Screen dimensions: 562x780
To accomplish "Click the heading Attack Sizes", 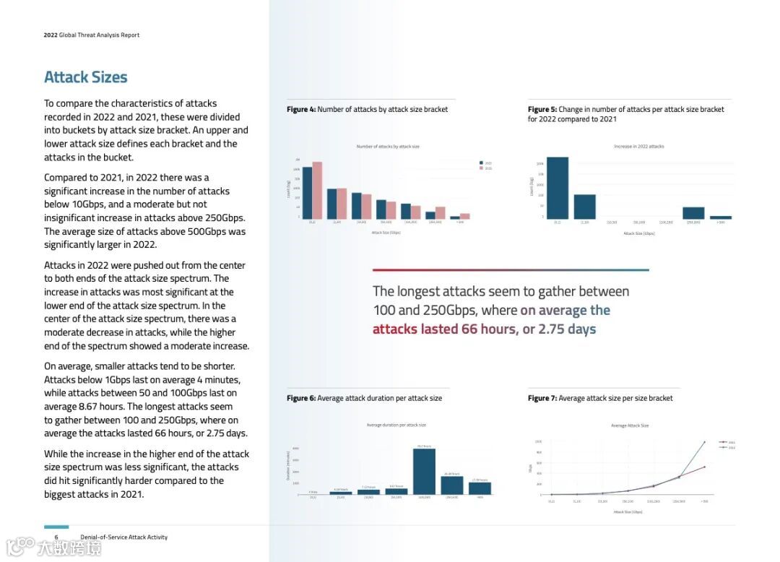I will point(85,77).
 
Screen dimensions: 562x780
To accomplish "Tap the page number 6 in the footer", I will point(56,537).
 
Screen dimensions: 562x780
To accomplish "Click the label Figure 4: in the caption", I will point(301,110).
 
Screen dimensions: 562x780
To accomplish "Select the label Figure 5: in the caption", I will point(542,110).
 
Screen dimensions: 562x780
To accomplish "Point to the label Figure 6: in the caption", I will point(301,398).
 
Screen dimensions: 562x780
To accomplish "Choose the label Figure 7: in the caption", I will point(542,398).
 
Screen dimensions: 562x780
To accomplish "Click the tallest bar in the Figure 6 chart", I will point(424,471).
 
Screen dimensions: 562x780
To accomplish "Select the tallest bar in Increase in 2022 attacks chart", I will point(558,188).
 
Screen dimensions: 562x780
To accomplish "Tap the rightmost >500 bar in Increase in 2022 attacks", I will point(721,217).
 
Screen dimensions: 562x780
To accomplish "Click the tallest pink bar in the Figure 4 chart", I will point(317,190).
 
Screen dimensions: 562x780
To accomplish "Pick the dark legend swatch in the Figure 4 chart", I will point(482,163).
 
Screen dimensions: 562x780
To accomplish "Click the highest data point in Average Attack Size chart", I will point(705,441).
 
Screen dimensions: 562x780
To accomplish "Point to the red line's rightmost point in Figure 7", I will point(705,467).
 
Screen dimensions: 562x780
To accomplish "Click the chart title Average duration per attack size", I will point(396,425).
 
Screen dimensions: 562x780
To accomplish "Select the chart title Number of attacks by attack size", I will point(387,147).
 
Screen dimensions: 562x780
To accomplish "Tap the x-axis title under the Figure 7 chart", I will point(628,512).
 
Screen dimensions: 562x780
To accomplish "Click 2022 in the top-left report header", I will point(50,35).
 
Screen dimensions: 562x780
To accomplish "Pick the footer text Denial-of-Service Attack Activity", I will point(124,537).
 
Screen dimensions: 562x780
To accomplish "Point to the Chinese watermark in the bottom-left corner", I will point(53,547).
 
